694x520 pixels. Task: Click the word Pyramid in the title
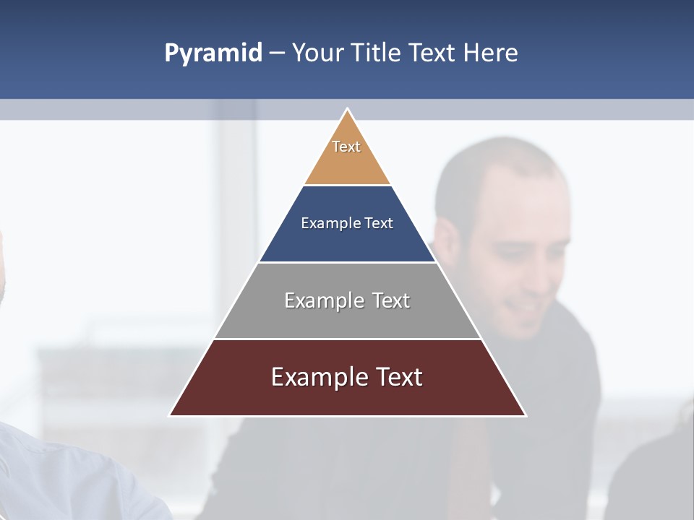[x=213, y=53]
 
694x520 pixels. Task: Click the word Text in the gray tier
[x=390, y=300]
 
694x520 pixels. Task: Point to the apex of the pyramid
[x=347, y=110]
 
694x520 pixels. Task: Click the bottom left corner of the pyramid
[x=171, y=415]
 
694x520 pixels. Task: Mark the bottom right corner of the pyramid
[x=525, y=415]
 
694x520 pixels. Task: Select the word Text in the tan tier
[x=346, y=147]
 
